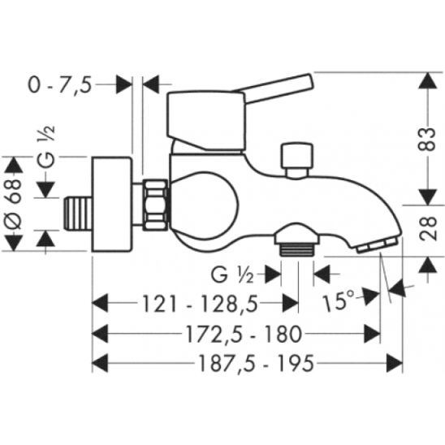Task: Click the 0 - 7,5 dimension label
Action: click(x=60, y=85)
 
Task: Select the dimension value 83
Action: click(x=427, y=139)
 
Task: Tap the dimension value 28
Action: click(x=427, y=228)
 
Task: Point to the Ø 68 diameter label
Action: click(x=14, y=204)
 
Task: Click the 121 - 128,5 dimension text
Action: click(x=200, y=304)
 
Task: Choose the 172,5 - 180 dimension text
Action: click(x=244, y=334)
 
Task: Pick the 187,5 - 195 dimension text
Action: click(x=257, y=364)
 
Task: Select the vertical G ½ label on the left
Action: click(x=45, y=147)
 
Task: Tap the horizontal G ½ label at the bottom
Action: click(x=232, y=274)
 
